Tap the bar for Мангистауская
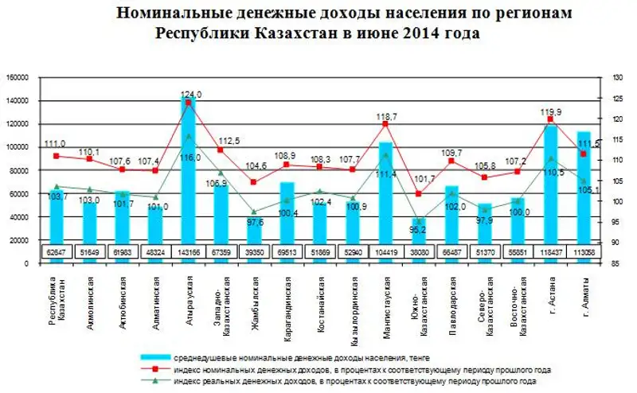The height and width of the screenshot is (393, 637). (x=385, y=191)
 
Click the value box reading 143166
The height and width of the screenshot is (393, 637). (x=188, y=251)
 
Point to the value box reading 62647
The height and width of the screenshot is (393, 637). (x=56, y=251)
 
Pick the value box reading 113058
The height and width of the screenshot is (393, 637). (x=584, y=251)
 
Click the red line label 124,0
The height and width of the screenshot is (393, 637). (x=191, y=94)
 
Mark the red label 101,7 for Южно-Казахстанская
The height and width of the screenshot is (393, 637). (x=425, y=179)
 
